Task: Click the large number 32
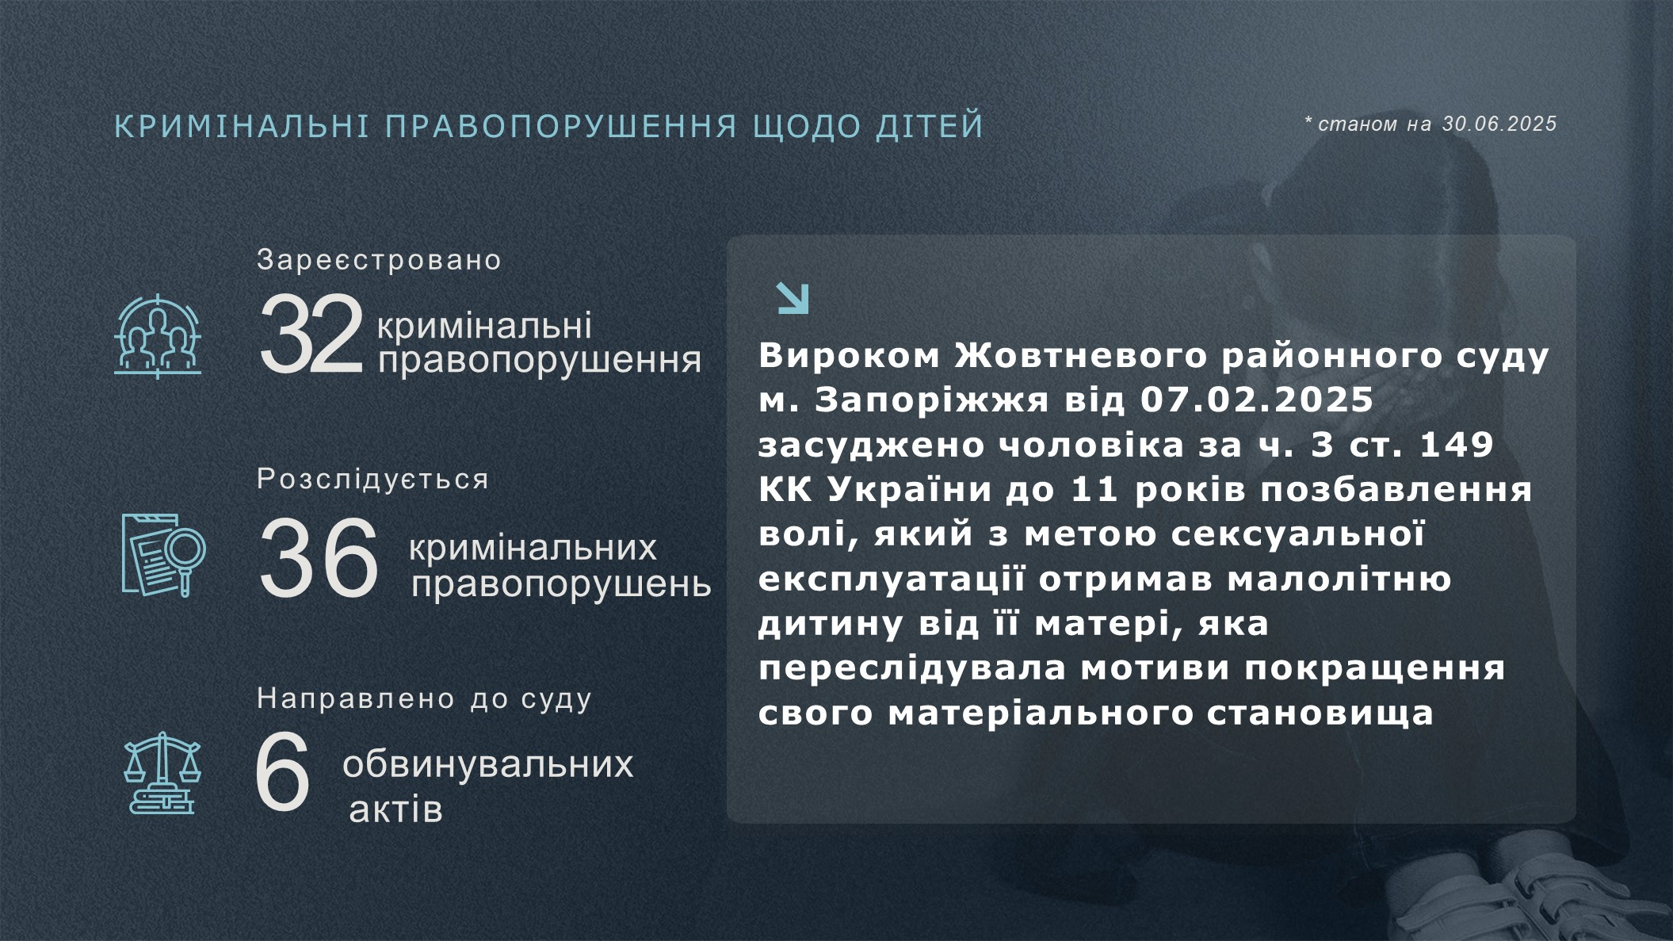pos(311,334)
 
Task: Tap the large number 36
pos(319,557)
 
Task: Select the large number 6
pos(282,771)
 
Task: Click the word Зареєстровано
pos(379,260)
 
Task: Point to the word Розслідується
pos(372,480)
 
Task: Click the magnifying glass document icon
pos(164,555)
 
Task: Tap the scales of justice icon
pos(162,773)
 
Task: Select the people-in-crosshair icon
pos(158,336)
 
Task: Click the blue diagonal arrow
pos(793,298)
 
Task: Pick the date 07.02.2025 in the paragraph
pos(1256,400)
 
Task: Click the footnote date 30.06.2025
pos(1499,124)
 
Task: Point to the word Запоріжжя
pos(932,401)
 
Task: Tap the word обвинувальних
pos(487,765)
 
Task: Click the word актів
pos(395,809)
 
